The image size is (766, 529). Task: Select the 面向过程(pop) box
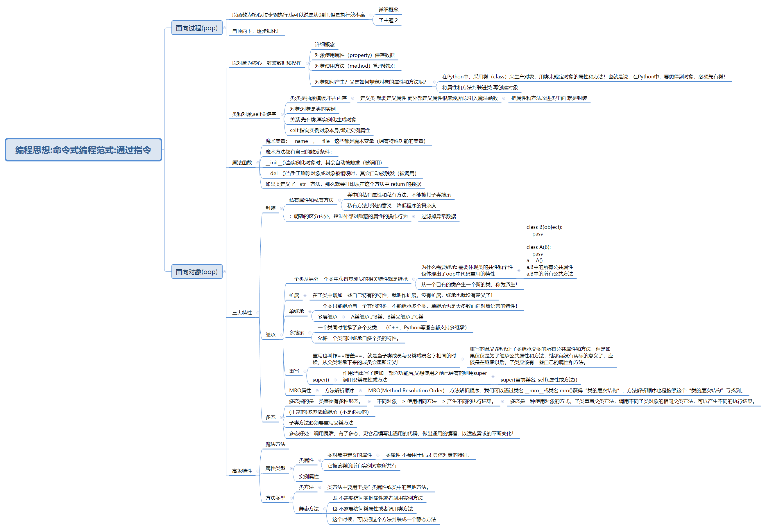[x=196, y=28]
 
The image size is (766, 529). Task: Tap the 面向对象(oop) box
[x=196, y=272]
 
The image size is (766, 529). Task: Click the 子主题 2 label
[x=388, y=20]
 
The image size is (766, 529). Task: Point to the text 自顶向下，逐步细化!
[x=255, y=31]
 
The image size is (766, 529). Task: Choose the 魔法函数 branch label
[x=242, y=163]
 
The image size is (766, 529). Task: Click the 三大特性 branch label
[x=242, y=313]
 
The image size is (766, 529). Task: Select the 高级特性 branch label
[x=242, y=471]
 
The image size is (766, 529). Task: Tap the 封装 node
[x=270, y=208]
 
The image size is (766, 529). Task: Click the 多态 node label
[x=270, y=417]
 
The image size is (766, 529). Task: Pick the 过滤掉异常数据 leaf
[x=438, y=216]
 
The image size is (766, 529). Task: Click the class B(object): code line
[x=544, y=227]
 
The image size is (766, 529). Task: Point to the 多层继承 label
[x=327, y=317]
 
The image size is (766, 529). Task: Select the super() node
[x=321, y=380]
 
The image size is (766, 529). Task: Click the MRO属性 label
[x=300, y=391]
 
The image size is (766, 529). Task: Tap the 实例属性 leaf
[x=309, y=477]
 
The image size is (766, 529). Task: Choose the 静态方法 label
[x=309, y=509]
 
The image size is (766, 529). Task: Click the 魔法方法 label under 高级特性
[x=275, y=445]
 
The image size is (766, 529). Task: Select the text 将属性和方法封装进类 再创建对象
[x=480, y=87]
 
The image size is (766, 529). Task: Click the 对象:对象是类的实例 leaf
[x=312, y=109]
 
